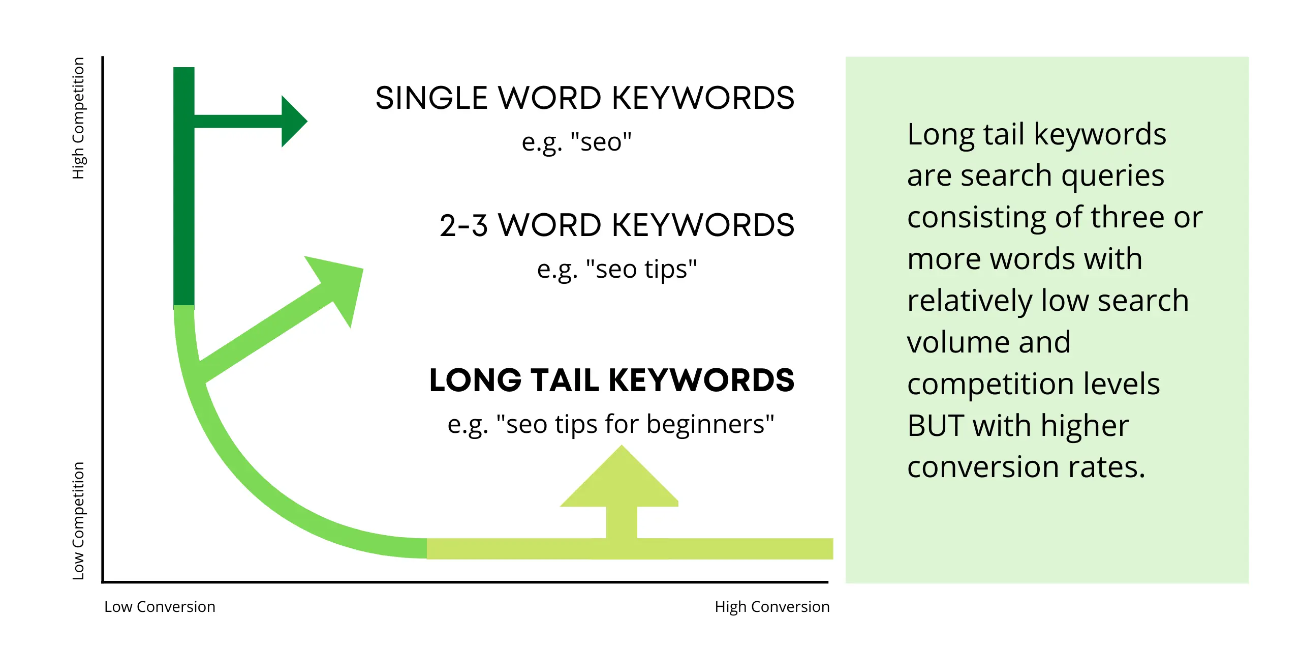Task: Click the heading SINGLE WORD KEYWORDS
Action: pos(584,98)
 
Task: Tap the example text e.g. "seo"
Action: pos(576,142)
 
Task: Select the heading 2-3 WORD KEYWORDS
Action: pos(616,225)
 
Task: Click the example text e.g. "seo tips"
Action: pos(616,270)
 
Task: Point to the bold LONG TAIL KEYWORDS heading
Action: pos(611,380)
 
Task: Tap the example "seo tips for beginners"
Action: pos(611,425)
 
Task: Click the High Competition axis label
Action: pos(78,118)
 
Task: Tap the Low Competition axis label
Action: pos(78,520)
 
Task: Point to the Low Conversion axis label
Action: pos(160,607)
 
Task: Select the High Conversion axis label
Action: pos(771,607)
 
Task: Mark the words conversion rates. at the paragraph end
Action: pos(1026,467)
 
